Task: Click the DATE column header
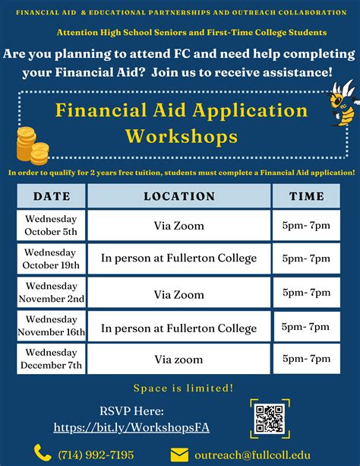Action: pos(52,196)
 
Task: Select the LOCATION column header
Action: pos(179,196)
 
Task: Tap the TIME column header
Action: pos(306,196)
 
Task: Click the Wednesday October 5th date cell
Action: pos(52,225)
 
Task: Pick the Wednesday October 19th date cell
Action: pos(52,258)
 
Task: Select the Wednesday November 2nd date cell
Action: pos(52,293)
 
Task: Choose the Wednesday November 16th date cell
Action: pos(52,326)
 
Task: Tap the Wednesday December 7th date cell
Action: pos(52,359)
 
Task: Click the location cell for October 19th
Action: pos(179,258)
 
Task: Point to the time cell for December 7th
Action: pos(306,359)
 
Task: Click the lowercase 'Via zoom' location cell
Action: pos(179,359)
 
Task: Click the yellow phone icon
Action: pos(42,454)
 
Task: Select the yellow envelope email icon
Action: pos(179,455)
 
